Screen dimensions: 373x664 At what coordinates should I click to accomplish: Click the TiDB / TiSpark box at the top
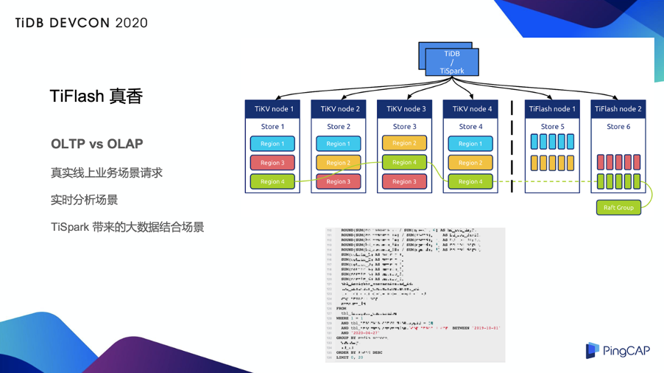click(x=452, y=62)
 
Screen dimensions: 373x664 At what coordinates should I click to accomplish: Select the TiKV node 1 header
click(x=273, y=109)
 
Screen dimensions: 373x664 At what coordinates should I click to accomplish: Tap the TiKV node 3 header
click(x=405, y=109)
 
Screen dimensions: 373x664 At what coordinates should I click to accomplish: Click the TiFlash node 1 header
click(x=551, y=109)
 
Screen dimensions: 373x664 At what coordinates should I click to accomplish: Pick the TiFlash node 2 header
click(x=618, y=109)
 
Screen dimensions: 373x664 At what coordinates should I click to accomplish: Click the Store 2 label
click(x=339, y=127)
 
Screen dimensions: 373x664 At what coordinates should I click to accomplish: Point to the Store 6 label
click(x=618, y=127)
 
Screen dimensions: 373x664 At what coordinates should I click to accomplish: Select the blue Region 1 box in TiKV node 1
click(x=272, y=144)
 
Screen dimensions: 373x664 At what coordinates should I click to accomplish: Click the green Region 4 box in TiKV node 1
click(x=272, y=181)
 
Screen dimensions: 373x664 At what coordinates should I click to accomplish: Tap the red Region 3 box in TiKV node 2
click(x=339, y=181)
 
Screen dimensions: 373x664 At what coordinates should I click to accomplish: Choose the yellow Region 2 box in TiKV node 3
click(x=404, y=143)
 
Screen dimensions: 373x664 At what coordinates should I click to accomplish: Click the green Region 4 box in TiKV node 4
click(x=470, y=181)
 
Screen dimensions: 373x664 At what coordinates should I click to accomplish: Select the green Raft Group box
click(x=618, y=208)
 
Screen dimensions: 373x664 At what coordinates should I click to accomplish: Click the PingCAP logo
click(x=618, y=351)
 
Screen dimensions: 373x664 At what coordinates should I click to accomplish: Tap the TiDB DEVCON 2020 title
click(x=81, y=23)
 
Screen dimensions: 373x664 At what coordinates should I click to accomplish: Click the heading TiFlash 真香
click(x=96, y=97)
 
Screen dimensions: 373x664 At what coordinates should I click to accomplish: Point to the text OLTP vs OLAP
click(x=97, y=144)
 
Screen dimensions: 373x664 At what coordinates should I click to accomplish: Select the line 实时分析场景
click(x=84, y=200)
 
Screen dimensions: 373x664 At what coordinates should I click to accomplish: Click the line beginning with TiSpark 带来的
click(x=127, y=227)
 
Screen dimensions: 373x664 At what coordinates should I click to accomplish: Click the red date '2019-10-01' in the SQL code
click(x=485, y=327)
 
